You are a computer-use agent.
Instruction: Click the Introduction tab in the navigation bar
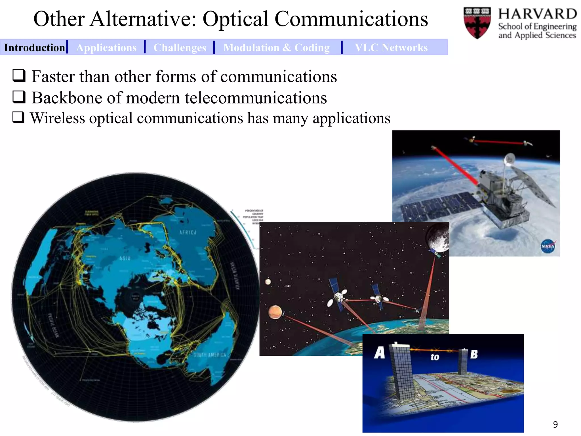click(x=34, y=47)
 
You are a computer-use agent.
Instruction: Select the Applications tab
click(x=106, y=47)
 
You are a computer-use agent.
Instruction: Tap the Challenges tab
click(x=180, y=47)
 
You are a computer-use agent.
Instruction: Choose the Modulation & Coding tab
click(x=276, y=47)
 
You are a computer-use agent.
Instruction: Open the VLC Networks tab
click(x=391, y=47)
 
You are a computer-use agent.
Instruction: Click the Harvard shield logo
click(x=477, y=23)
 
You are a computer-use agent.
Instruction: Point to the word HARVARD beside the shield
click(x=537, y=14)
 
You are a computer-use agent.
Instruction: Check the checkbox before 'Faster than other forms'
click(x=19, y=76)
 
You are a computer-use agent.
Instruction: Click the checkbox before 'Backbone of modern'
click(x=19, y=97)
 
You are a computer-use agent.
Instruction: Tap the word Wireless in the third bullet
click(x=58, y=118)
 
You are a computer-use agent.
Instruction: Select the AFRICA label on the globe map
click(x=188, y=232)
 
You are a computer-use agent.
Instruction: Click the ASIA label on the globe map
click(x=125, y=258)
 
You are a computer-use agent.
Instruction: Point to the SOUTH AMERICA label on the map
click(x=210, y=355)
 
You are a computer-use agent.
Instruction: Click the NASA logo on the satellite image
click(x=548, y=246)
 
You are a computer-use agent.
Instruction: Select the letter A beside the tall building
click(x=380, y=353)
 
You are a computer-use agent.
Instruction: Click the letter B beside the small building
click(x=474, y=354)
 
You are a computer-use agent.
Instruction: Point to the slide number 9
click(x=555, y=424)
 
